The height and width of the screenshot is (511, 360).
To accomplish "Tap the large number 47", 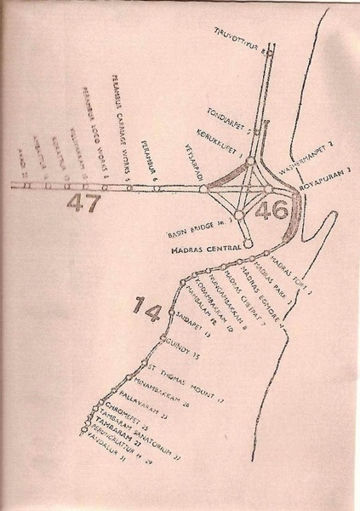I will point(87,204).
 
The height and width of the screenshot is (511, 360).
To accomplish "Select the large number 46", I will point(274,207).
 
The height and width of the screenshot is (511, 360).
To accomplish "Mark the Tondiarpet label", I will point(229,118).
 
